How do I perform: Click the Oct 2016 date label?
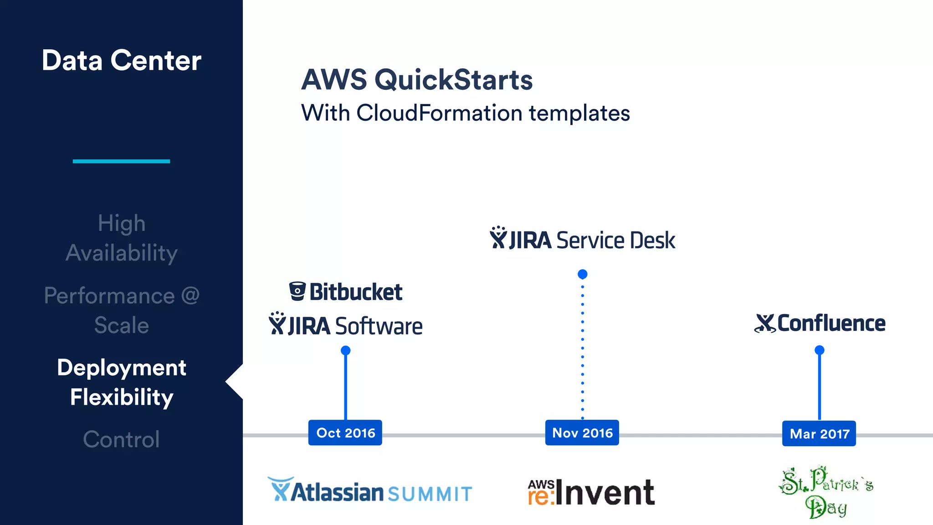[345, 432]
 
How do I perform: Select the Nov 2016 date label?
[582, 432]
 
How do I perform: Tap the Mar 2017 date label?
[819, 433]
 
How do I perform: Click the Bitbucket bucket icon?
[297, 292]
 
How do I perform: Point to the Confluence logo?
[820, 323]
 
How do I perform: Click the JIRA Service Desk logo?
[582, 239]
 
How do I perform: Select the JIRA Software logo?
[346, 325]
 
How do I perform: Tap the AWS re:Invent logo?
[591, 492]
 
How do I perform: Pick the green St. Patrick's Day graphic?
[825, 492]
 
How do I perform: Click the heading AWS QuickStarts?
[417, 80]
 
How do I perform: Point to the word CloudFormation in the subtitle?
[439, 113]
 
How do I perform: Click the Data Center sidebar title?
[121, 60]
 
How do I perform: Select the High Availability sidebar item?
[121, 238]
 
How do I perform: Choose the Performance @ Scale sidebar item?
[121, 310]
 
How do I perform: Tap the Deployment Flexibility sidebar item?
[121, 382]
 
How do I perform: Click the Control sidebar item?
[121, 439]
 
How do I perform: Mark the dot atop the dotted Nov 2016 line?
[582, 274]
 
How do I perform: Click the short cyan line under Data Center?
[121, 161]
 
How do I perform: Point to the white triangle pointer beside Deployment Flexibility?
[236, 382]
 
